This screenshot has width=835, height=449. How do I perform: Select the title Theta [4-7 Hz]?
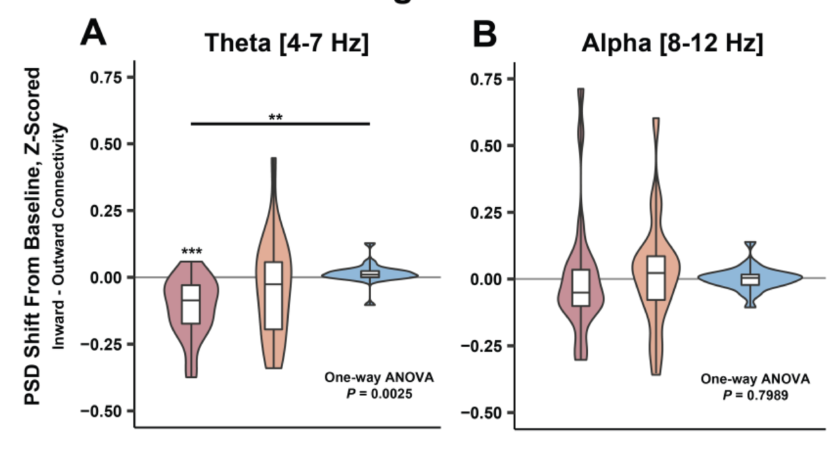(287, 44)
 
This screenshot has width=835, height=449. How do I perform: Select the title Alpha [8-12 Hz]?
(672, 44)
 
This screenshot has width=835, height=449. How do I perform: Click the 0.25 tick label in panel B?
(487, 213)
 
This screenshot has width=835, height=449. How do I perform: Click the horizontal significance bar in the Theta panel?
(281, 123)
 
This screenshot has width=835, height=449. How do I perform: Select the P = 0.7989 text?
(755, 395)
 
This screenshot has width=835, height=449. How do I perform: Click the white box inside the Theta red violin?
(191, 304)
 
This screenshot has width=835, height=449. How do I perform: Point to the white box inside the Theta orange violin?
(274, 296)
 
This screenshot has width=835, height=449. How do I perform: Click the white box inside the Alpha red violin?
(580, 288)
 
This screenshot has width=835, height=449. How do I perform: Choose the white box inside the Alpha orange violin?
(656, 277)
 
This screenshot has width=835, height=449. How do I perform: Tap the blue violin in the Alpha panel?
(750, 279)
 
